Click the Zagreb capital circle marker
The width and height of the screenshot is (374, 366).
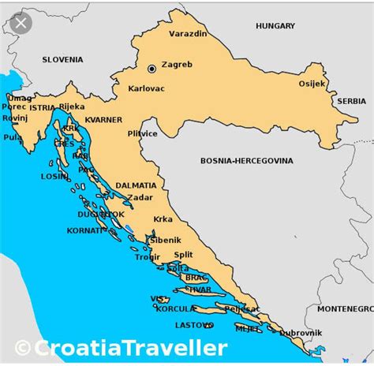point(151,69)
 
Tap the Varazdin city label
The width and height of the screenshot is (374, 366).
point(188,33)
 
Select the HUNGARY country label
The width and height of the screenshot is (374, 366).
point(275,26)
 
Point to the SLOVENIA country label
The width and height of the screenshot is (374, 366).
point(62,59)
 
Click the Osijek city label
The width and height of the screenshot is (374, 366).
point(312,84)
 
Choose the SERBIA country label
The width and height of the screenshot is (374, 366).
point(351,101)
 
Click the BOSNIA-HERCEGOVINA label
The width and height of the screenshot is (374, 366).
point(246,160)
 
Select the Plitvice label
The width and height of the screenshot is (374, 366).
point(143,133)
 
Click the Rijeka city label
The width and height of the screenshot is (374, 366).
point(71,106)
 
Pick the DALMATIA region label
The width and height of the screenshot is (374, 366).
point(136,185)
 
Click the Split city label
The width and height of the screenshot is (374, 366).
point(183,254)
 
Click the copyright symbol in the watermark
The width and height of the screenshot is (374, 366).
point(23,348)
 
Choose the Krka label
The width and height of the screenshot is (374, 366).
point(163,219)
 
